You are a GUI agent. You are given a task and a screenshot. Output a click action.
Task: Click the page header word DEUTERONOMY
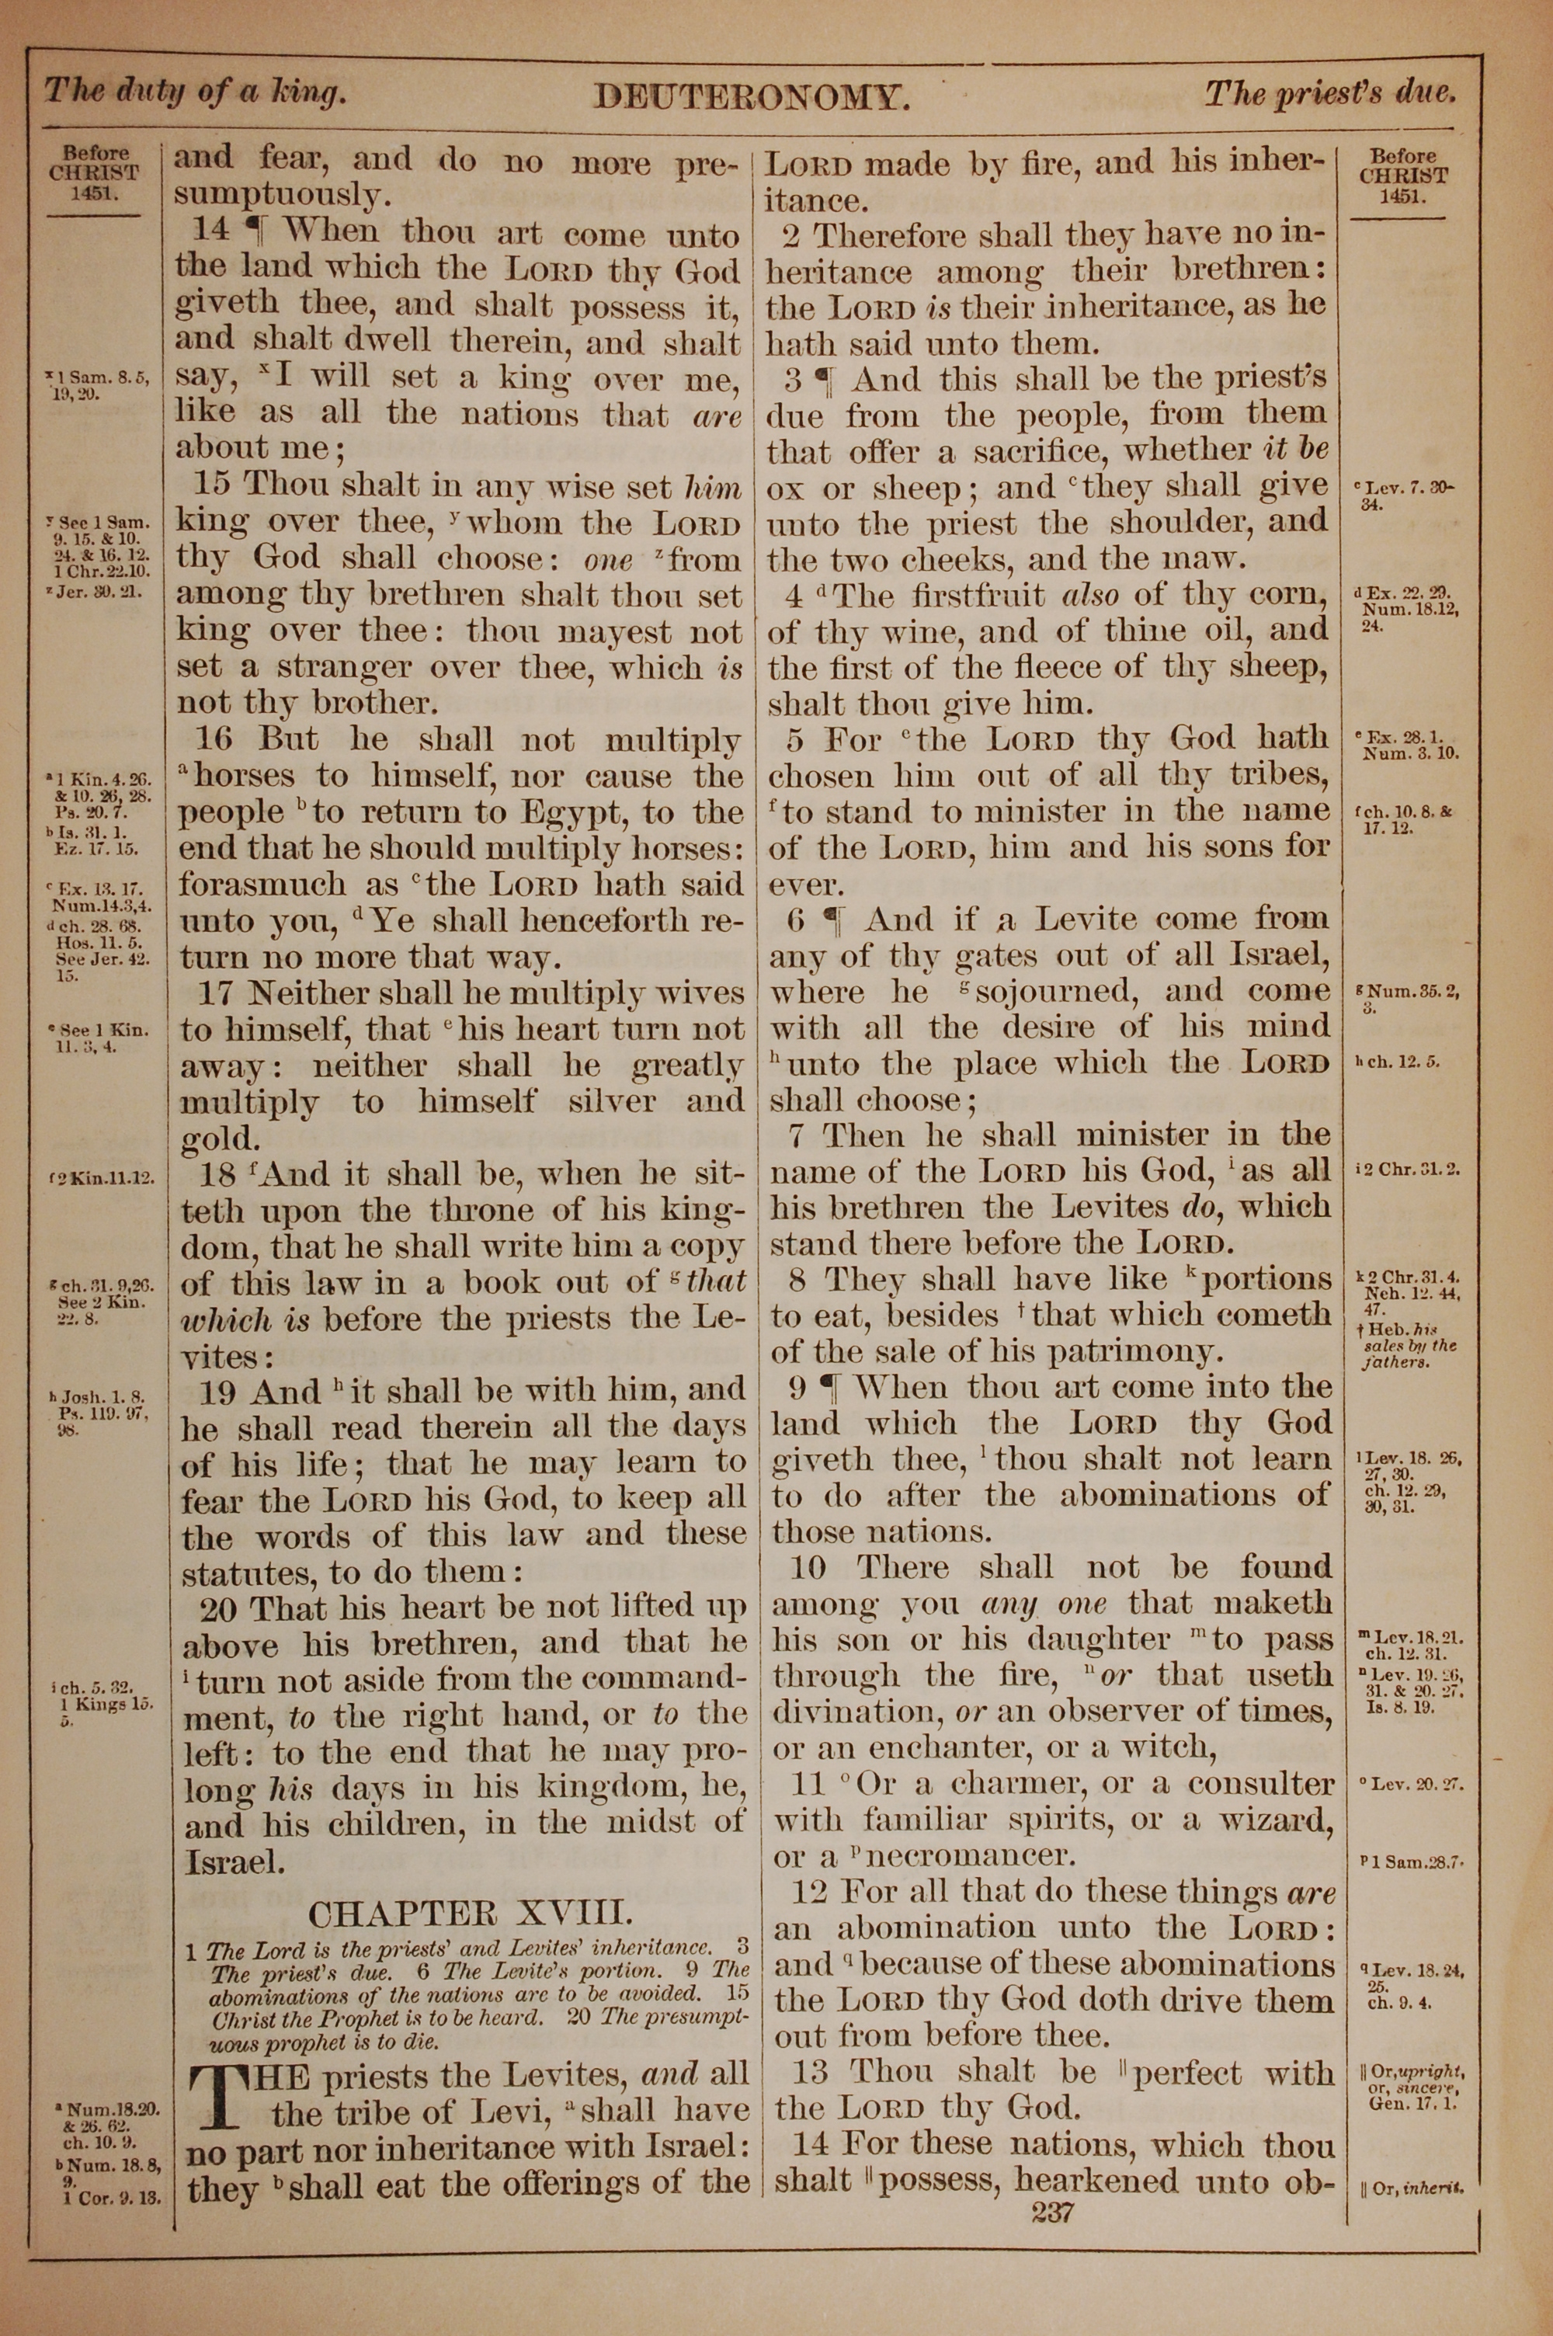(x=751, y=97)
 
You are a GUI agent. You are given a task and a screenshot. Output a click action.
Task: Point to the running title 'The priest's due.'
(x=1329, y=94)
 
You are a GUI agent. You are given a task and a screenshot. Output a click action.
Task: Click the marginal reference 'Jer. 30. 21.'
(x=100, y=593)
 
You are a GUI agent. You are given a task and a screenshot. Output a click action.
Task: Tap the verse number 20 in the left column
(x=219, y=1608)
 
